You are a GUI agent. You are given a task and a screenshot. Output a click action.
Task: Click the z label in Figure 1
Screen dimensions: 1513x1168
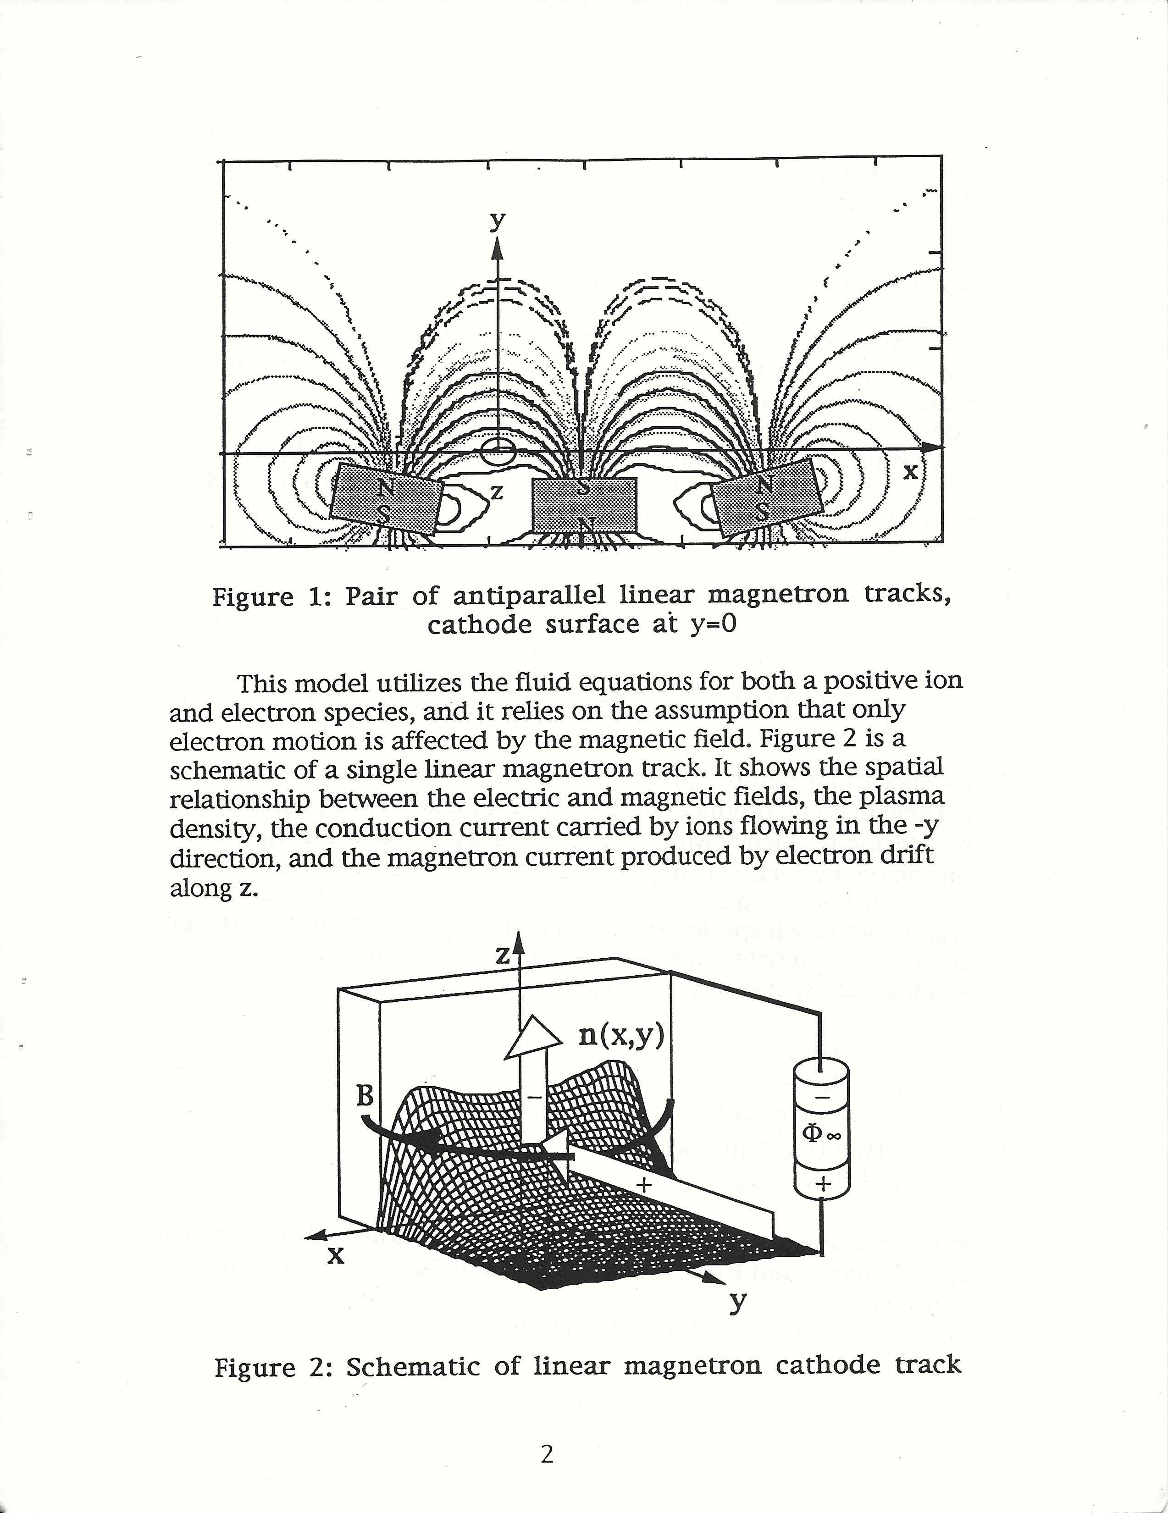coord(496,492)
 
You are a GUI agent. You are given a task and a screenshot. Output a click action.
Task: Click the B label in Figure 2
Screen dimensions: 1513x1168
coord(365,1097)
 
